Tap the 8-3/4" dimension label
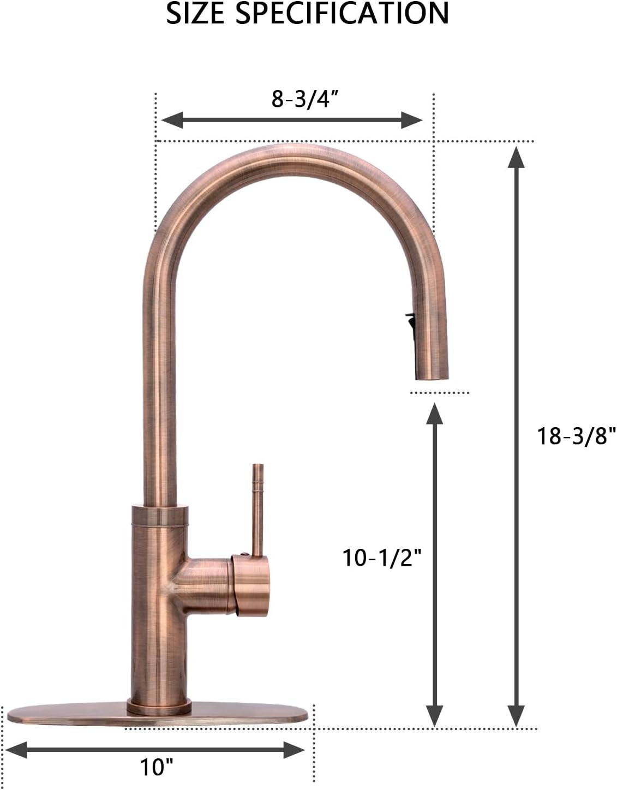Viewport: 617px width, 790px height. click(x=305, y=99)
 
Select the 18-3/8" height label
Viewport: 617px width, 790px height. click(x=576, y=436)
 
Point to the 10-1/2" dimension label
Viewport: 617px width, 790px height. click(x=382, y=558)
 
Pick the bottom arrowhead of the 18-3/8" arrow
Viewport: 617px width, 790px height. click(x=516, y=716)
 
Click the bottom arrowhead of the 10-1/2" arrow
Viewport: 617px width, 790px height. click(x=434, y=716)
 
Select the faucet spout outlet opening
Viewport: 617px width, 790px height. click(x=434, y=376)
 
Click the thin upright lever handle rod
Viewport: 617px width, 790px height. click(x=257, y=507)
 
